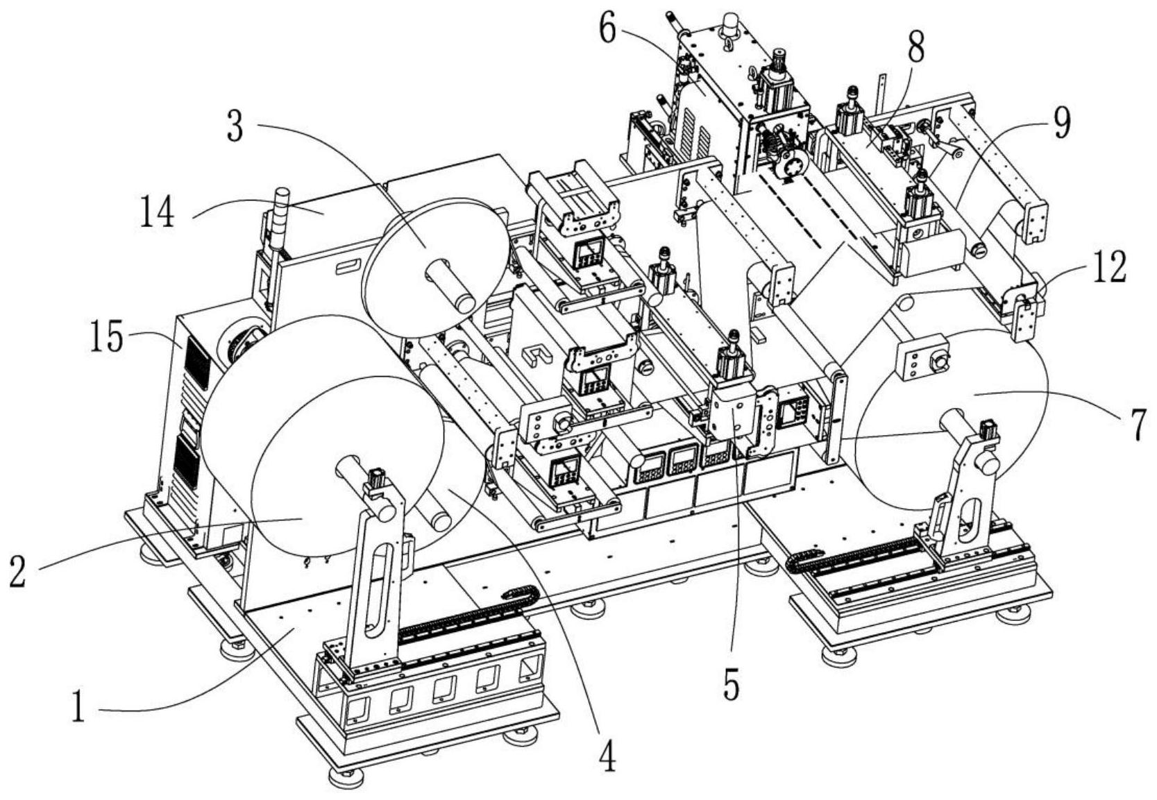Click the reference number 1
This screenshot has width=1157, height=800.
pos(79,710)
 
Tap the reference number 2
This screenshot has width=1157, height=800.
pos(18,571)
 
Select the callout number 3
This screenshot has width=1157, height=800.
pos(237,127)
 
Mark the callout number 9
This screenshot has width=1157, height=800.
pos(1061,122)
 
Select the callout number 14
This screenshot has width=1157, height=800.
pos(158,212)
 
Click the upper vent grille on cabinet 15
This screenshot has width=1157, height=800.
pos(195,365)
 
